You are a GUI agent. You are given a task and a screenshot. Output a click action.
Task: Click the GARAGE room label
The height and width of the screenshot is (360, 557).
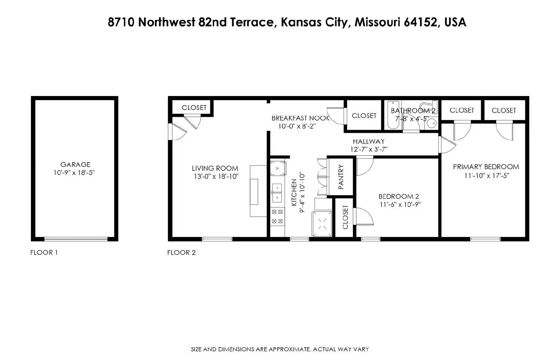tap(75, 165)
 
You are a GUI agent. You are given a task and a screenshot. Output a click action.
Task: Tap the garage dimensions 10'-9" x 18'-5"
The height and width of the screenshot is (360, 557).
tap(74, 173)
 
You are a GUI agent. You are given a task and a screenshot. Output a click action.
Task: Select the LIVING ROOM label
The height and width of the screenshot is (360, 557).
tap(215, 168)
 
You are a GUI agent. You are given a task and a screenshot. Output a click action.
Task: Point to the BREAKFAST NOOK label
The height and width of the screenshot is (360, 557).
tap(300, 118)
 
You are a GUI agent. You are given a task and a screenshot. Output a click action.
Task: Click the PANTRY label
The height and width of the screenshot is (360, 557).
tap(341, 177)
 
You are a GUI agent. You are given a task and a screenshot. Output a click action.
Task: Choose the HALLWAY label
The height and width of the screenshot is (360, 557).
tap(369, 142)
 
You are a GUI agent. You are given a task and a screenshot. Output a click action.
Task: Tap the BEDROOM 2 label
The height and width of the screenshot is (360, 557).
tap(399, 197)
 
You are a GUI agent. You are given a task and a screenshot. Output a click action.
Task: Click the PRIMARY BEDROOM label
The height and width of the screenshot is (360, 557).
tap(486, 167)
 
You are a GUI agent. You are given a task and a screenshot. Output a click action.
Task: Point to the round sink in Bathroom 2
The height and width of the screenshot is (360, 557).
tap(432, 123)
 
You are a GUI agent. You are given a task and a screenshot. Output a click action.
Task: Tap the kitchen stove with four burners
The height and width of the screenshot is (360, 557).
tap(277, 216)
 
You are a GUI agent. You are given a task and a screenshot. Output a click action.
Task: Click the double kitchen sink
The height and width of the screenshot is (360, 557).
tap(277, 193)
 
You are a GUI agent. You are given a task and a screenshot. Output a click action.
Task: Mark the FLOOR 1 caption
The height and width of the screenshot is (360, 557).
tap(44, 253)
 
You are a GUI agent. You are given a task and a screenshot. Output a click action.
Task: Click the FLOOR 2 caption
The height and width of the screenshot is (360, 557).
tap(181, 253)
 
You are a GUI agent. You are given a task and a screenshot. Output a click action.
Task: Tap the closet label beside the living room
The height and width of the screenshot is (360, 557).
tap(194, 107)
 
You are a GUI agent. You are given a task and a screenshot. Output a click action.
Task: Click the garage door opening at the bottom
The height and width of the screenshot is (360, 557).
tap(76, 239)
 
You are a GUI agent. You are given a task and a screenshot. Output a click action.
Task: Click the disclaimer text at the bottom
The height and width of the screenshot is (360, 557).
tap(280, 349)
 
